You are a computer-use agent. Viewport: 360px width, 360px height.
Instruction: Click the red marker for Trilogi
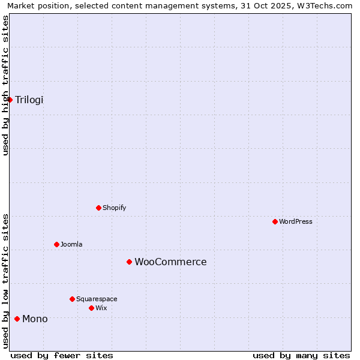(10, 100)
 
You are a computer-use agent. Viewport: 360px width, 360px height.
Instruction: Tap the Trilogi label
(29, 100)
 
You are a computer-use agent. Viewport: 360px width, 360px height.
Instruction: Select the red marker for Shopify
(99, 208)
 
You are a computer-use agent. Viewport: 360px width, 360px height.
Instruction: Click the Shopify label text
(114, 208)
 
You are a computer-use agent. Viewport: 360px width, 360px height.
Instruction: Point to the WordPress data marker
(275, 222)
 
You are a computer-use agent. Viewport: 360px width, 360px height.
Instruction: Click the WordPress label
(296, 222)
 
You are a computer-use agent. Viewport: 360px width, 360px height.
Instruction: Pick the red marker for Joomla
(57, 245)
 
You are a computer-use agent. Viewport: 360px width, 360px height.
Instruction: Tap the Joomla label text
(71, 245)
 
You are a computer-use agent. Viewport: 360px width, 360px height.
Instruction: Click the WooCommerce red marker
(129, 262)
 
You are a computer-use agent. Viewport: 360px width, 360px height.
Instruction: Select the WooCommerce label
(170, 262)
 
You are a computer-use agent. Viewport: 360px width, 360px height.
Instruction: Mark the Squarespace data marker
(73, 299)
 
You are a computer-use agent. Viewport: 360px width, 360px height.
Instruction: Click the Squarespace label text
(97, 299)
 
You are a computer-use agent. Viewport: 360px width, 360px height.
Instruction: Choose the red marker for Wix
(91, 308)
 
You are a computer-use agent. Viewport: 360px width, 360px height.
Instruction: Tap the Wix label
(101, 308)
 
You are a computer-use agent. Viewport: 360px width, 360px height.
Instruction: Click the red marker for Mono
(17, 319)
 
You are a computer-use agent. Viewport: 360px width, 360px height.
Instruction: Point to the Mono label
(35, 319)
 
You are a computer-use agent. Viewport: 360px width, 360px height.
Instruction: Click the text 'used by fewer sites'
(62, 356)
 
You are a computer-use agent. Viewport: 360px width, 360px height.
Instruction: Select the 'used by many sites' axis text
(301, 356)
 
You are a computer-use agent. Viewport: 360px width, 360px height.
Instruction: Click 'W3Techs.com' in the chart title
(326, 6)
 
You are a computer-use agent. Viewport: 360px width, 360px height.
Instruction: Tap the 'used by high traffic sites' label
(6, 85)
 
